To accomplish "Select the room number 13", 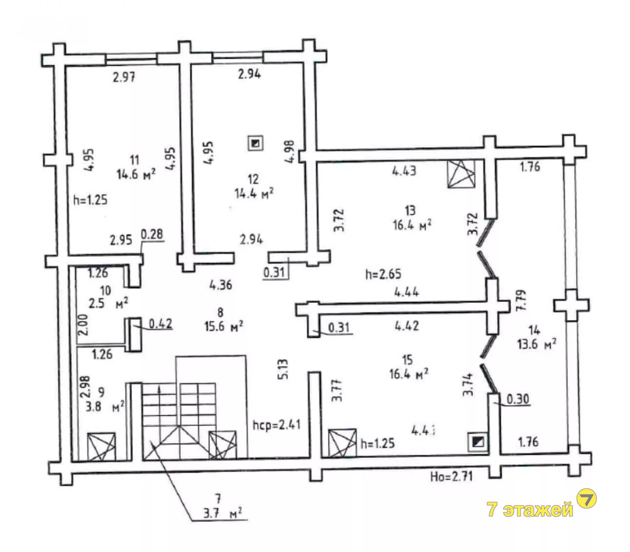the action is coord(410,210).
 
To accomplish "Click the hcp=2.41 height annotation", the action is coord(276,426).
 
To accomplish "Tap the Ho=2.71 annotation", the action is coord(451,477).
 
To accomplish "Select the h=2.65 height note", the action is coord(383,274).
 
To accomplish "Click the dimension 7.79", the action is coord(521,300).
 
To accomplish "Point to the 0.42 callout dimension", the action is coord(161,324).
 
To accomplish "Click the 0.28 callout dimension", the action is coord(152,235).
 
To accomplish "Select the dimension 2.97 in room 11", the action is coord(124,78).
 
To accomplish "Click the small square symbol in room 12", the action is coord(256,143).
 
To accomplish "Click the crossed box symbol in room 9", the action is coord(101,447).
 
